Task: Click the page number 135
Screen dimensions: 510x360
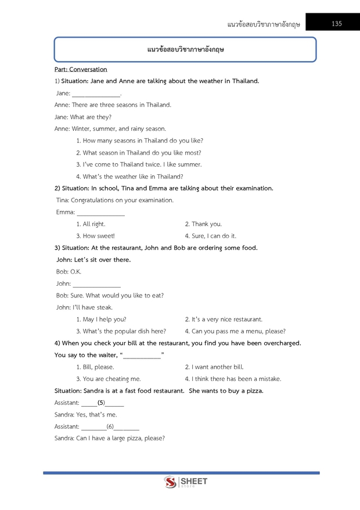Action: point(337,24)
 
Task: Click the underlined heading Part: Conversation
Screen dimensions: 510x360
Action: point(81,69)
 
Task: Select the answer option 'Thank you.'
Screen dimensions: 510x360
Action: point(203,224)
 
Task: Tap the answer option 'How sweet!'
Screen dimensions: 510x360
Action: point(95,236)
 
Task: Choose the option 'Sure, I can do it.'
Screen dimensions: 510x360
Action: point(210,236)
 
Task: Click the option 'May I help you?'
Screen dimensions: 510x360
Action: point(101,319)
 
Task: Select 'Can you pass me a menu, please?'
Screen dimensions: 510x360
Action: point(235,332)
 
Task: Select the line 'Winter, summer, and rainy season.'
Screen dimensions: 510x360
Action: point(110,129)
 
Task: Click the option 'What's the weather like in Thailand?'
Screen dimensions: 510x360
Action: point(129,177)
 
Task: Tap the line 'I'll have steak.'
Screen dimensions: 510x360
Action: point(84,308)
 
